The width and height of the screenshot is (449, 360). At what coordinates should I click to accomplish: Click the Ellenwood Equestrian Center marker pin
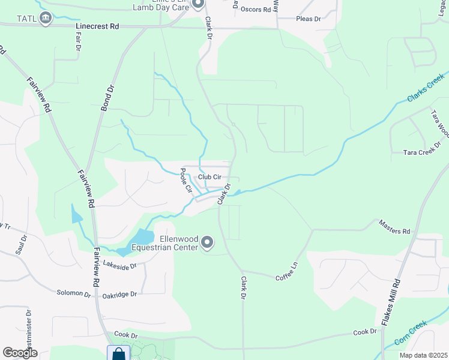(207, 242)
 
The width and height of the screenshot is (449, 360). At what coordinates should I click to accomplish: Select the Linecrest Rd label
(98, 27)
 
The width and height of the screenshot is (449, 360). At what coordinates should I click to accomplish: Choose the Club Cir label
(210, 177)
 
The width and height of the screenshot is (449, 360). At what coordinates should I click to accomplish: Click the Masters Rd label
(394, 227)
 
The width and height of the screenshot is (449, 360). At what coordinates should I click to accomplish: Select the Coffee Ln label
(286, 274)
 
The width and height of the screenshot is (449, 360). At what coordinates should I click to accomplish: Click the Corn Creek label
(412, 335)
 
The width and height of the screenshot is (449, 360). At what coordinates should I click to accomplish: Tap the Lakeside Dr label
(120, 264)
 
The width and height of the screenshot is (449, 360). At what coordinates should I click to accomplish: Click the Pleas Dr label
(309, 19)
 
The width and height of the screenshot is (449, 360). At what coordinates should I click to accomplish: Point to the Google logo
(20, 353)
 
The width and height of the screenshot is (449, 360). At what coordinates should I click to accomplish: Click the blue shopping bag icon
(118, 353)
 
